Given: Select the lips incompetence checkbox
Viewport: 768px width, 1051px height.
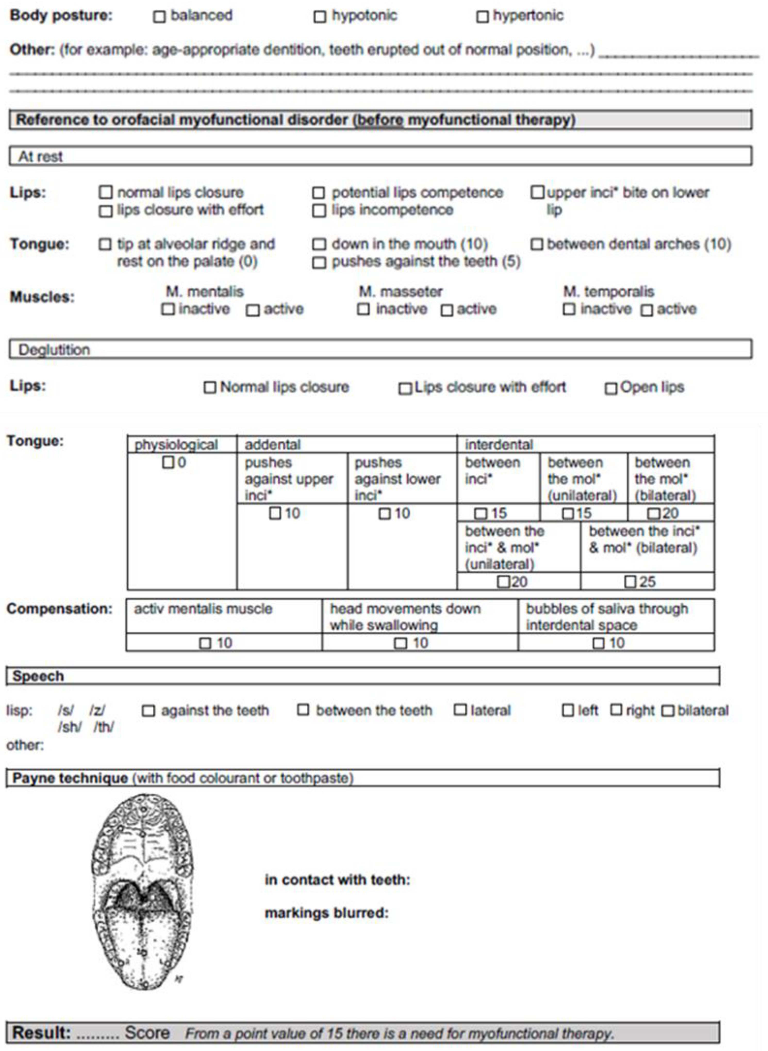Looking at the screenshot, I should point(319,211).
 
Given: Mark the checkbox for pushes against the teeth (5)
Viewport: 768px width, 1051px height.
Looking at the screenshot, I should point(319,263).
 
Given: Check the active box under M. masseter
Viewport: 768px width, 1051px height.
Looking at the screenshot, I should point(447,310).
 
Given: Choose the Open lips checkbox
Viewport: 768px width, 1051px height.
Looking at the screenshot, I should point(610,388).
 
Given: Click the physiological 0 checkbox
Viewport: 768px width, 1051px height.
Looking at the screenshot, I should point(168,463).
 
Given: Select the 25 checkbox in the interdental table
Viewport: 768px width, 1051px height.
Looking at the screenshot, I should point(630,581).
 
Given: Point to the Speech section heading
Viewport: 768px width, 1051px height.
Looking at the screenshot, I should point(38,676).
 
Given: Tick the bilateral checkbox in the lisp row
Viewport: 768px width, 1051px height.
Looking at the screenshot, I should point(667,711).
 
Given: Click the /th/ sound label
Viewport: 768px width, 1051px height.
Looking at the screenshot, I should point(104,727).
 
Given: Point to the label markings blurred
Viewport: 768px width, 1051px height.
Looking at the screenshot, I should point(326,913).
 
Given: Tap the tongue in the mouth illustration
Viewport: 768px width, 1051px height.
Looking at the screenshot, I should point(142,944).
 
